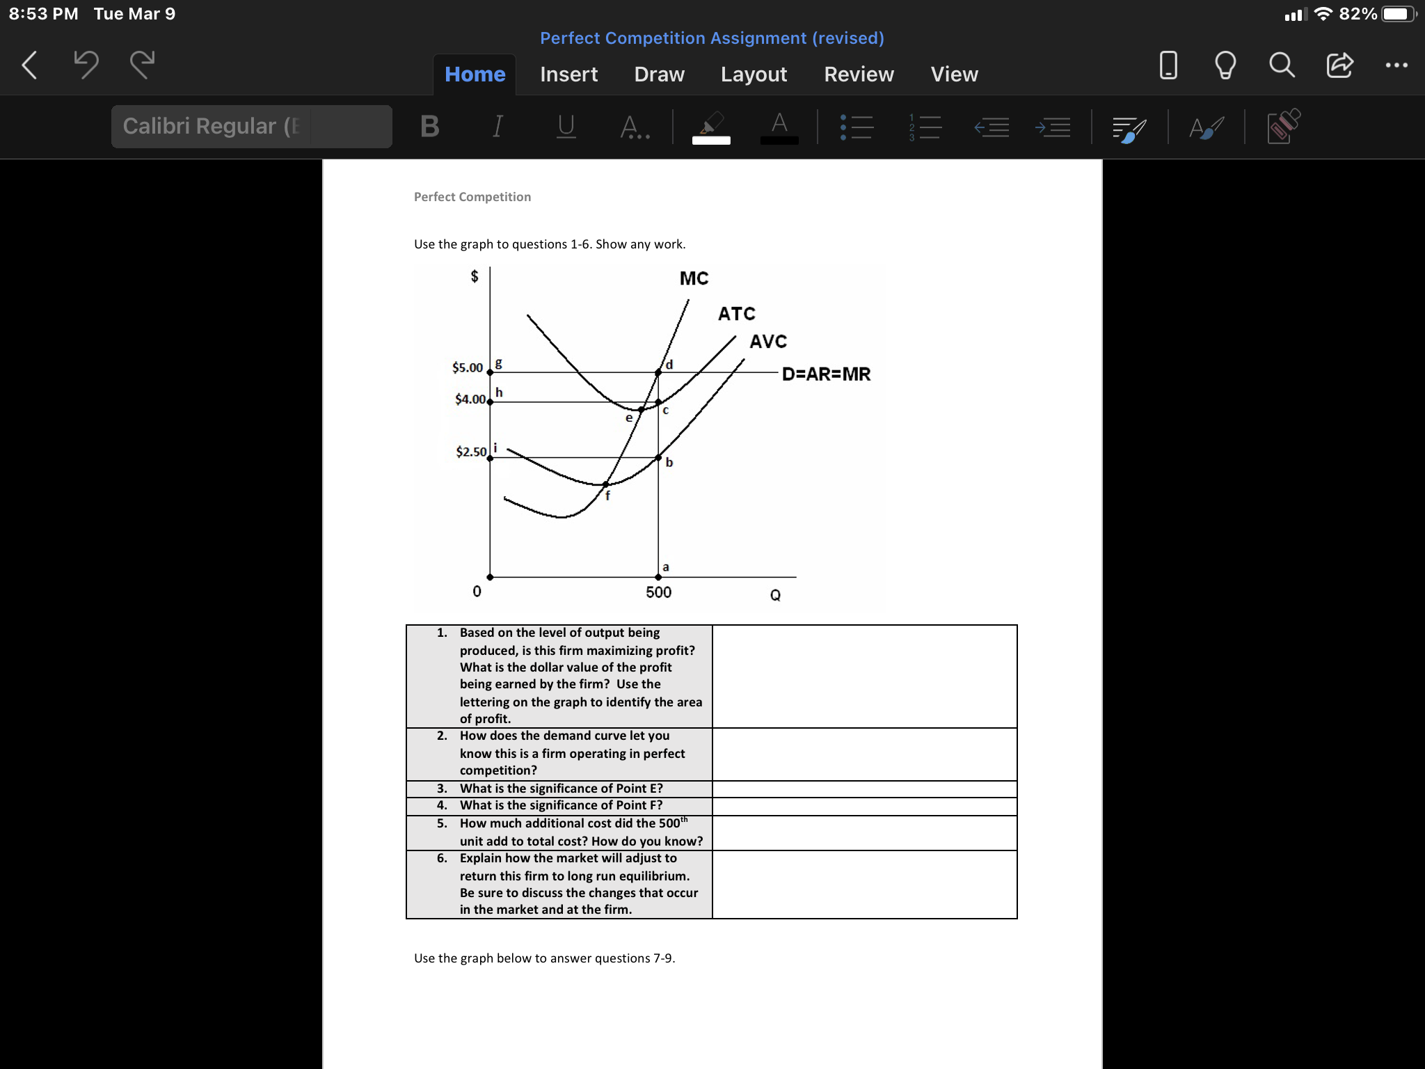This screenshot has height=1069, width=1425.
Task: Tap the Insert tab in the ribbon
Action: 568,74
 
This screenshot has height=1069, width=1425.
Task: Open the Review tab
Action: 859,74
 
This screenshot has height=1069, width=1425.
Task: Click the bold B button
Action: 430,126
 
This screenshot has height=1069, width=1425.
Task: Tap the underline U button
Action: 566,126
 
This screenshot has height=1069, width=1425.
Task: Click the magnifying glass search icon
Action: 1281,65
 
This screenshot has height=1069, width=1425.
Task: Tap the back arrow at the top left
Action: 29,65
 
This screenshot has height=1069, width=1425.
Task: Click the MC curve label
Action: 694,278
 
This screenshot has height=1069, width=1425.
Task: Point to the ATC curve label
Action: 736,314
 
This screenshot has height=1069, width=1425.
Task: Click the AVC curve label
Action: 768,342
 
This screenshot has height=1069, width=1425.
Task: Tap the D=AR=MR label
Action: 826,374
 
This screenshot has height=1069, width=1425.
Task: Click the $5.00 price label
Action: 468,367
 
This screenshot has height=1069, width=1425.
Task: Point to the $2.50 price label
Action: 471,452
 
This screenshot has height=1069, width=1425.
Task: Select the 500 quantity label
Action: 658,592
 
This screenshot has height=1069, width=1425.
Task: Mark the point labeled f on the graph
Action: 605,484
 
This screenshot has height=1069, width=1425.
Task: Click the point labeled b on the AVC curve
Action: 658,457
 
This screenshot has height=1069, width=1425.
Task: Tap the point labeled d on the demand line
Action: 658,373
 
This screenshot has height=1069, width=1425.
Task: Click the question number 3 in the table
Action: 442,789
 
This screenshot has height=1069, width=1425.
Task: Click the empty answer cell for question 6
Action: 864,884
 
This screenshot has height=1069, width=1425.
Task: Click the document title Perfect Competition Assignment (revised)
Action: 712,38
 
